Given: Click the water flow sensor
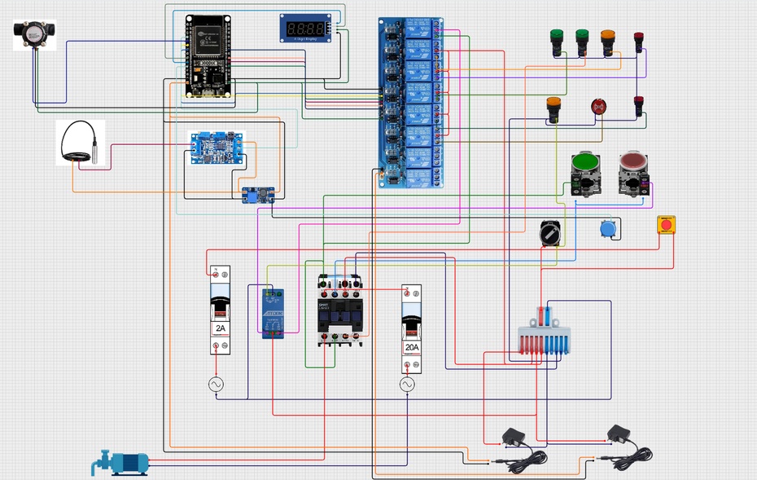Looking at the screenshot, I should (33, 35).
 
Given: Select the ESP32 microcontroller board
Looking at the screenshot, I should (207, 55).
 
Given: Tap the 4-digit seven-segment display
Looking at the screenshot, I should (306, 29).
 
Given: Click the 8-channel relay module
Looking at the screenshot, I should (412, 102).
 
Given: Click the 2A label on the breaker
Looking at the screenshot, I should (220, 328).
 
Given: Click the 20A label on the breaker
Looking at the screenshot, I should (412, 347).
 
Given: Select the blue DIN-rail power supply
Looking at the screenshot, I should (273, 314).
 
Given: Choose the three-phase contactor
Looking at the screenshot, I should (340, 310).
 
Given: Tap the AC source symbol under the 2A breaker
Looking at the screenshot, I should (217, 384).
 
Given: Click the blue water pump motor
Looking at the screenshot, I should (122, 463).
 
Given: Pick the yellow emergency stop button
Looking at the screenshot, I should (666, 224).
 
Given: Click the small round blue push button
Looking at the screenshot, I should (606, 228).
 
